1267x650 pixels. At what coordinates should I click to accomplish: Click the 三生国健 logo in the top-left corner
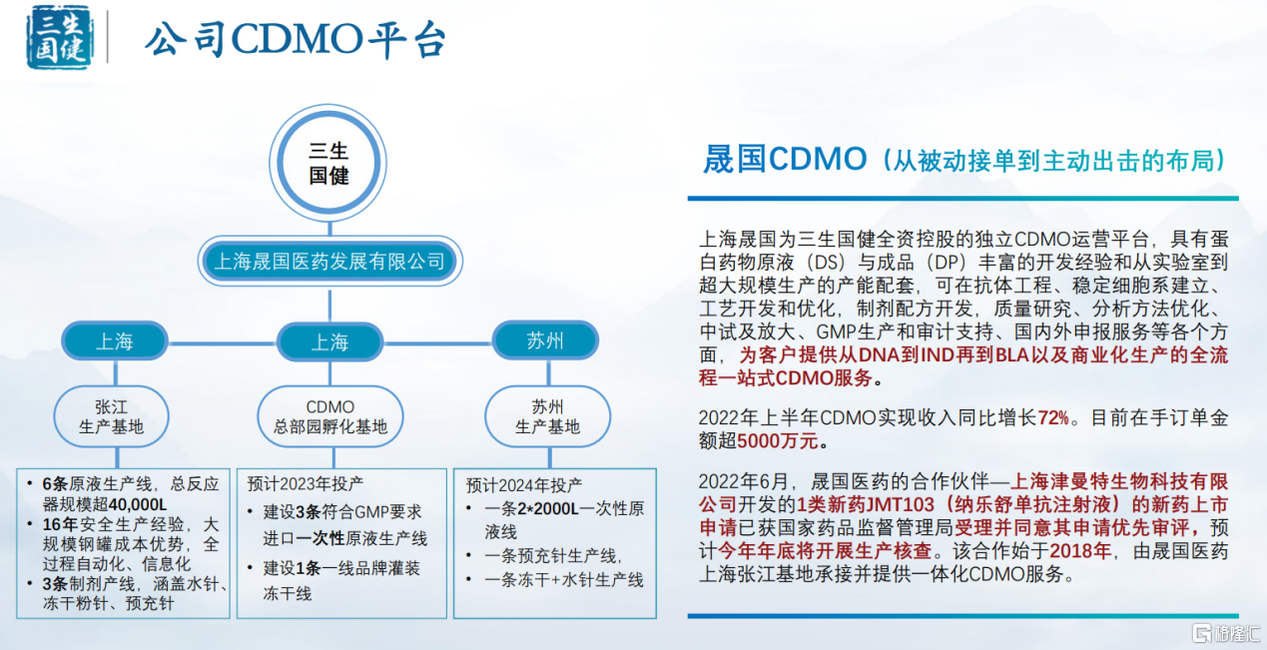coord(59,37)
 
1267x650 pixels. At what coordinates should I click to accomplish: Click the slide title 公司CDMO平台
coord(296,40)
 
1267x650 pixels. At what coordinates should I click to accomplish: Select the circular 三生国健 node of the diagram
coord(328,163)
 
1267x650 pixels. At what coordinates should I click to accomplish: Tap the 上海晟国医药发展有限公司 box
coord(329,261)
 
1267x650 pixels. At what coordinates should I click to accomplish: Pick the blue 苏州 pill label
coord(545,340)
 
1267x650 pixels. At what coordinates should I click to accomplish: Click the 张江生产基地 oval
coord(112,416)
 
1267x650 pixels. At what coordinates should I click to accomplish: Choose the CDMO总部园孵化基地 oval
coord(330,416)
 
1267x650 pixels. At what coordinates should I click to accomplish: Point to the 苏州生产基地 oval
coord(547,416)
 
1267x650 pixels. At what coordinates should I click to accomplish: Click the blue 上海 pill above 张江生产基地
coord(115,341)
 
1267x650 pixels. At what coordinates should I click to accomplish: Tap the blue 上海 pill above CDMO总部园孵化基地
coord(330,341)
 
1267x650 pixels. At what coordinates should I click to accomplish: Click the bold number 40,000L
coord(138,504)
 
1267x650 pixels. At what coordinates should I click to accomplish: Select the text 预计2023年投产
coord(306,483)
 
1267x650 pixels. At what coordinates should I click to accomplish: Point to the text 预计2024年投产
coord(524,485)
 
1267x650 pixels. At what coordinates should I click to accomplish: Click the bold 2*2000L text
coord(547,508)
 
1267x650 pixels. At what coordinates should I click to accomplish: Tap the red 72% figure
coord(1053,417)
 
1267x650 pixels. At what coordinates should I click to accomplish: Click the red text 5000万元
coord(778,440)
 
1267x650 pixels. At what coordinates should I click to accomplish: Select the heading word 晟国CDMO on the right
coord(785,159)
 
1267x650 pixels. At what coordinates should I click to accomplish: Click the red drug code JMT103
coord(900,504)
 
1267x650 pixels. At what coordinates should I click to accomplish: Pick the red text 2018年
coord(1080,550)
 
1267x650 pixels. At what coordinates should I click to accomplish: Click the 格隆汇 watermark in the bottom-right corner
coord(1226,633)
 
